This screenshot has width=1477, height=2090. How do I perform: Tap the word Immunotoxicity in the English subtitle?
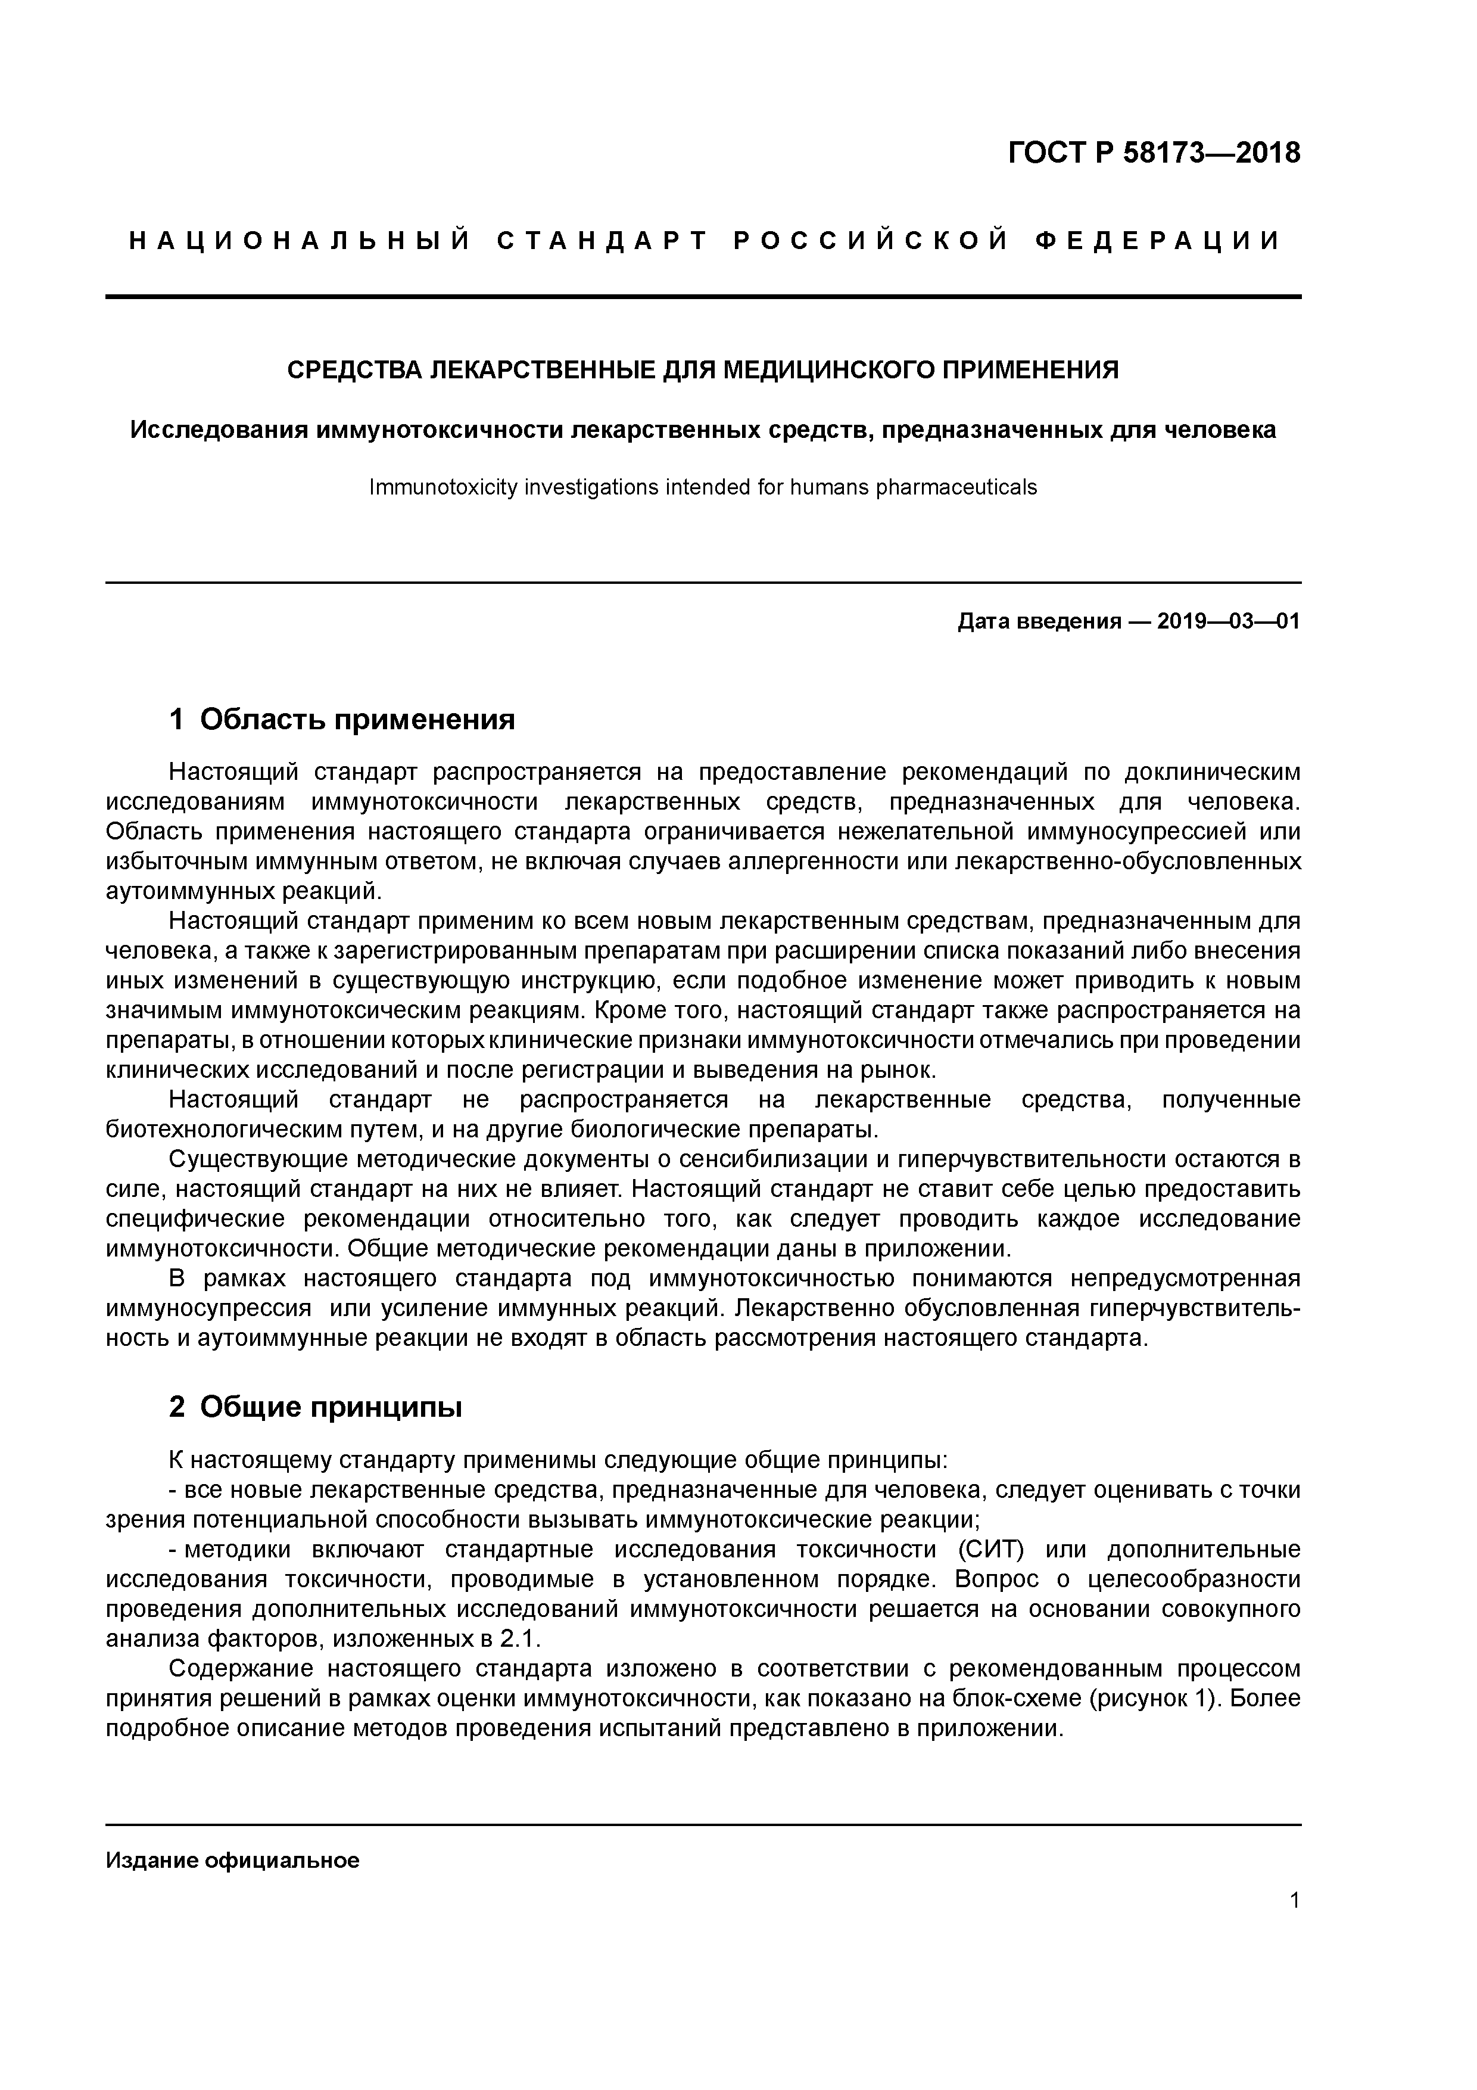[432, 488]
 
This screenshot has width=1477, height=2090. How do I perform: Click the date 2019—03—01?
[1227, 622]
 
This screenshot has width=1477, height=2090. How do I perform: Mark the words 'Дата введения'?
[1038, 622]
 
